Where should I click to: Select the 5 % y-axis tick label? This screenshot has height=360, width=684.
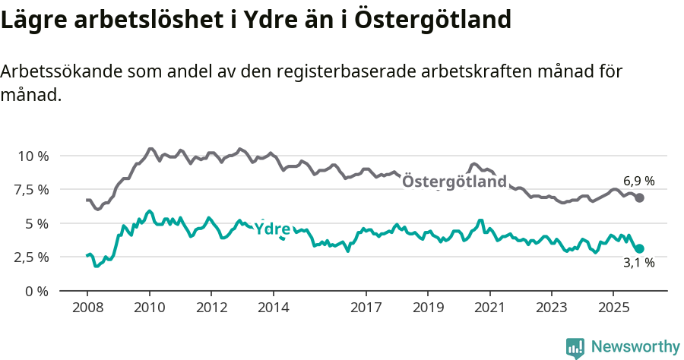36,223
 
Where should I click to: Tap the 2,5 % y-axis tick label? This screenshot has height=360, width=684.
32,257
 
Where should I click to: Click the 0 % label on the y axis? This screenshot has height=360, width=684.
36,291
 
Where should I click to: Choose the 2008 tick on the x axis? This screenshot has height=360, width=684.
87,308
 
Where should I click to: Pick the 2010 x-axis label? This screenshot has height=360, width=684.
150,308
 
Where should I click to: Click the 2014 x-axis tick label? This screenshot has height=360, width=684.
274,308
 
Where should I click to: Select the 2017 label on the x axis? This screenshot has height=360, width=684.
366,308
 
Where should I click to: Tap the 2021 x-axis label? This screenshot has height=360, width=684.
490,308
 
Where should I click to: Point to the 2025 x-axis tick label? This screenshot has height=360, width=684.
614,308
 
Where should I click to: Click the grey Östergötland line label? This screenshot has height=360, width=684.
454,182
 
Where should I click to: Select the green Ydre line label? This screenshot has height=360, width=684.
272,229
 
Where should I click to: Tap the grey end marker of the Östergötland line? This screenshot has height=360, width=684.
640,197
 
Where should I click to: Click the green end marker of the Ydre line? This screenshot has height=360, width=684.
640,248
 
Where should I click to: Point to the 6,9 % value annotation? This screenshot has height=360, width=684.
638,182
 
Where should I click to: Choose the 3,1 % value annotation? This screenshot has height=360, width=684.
638,264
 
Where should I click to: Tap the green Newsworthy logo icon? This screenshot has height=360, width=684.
575,347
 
